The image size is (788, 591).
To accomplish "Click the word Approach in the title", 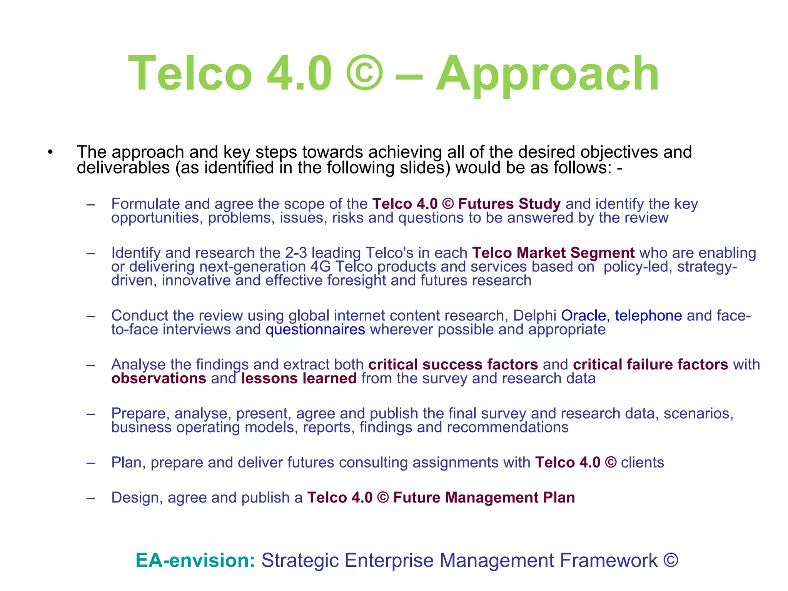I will point(548,74).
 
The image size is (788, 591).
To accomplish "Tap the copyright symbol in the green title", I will point(364,73).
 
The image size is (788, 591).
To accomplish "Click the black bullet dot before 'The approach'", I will point(50,152).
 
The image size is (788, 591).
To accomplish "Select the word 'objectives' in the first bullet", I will point(619,152).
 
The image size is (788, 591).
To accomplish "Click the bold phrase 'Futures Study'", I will point(509,204).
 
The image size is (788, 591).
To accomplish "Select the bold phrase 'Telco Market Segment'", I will point(553,253).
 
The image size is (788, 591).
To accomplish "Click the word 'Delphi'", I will point(534,316).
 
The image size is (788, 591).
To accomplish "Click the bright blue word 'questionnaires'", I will point(315,330).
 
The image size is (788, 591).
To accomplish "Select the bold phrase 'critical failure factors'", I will point(650,365).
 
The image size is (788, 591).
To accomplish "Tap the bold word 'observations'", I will point(159,379).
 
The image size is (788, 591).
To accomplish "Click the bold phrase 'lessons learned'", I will point(299,379).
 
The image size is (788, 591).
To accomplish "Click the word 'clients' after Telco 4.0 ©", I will point(642,462).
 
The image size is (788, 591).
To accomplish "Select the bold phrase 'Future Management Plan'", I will point(484,498).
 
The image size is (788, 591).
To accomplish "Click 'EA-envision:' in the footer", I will point(195,561).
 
